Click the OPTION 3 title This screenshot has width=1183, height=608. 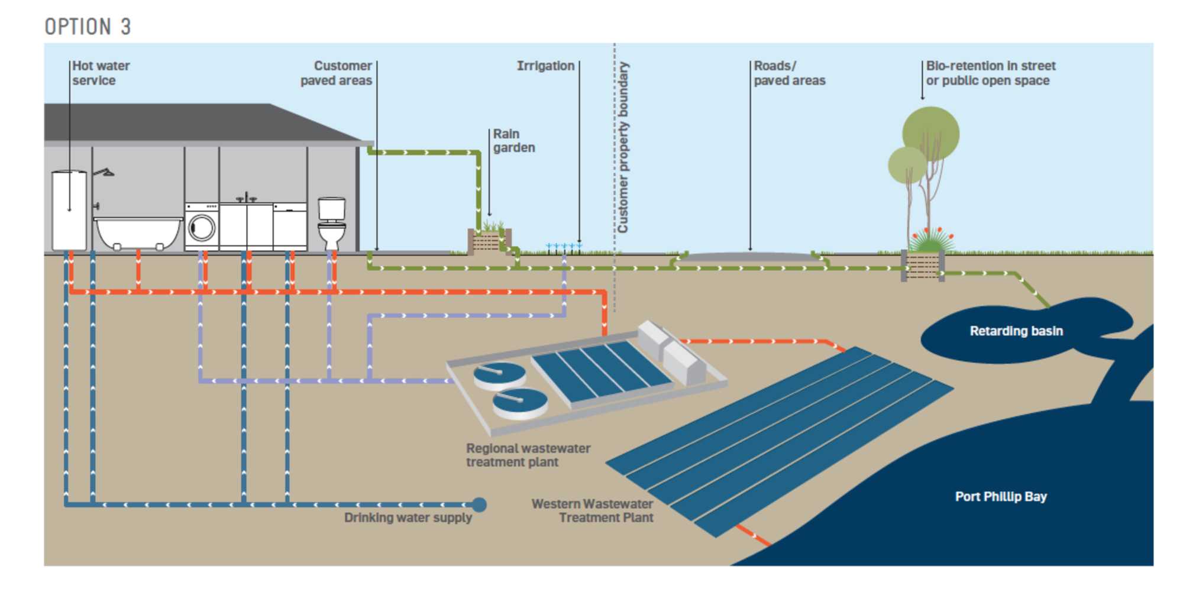(88, 27)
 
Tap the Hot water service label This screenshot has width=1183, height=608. (101, 73)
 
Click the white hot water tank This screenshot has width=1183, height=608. (69, 210)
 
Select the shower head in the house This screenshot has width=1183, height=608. (106, 173)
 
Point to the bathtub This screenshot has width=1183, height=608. (138, 233)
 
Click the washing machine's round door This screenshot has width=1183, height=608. (202, 228)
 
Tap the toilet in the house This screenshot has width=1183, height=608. (332, 223)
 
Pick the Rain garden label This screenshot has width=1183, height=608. (513, 141)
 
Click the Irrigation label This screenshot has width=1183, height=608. (545, 66)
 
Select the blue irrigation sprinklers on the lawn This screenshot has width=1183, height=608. (564, 246)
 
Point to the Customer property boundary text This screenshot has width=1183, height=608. (623, 148)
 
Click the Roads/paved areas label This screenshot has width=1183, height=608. (789, 73)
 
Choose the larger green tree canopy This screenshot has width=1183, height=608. (930, 134)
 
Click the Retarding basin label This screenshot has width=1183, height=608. (1016, 331)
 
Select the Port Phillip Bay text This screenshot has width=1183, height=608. (1001, 497)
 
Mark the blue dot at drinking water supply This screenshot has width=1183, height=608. (479, 504)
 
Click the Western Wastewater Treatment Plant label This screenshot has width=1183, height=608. (593, 511)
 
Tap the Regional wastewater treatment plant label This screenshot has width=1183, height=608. (528, 455)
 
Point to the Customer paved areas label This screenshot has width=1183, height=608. (337, 73)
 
